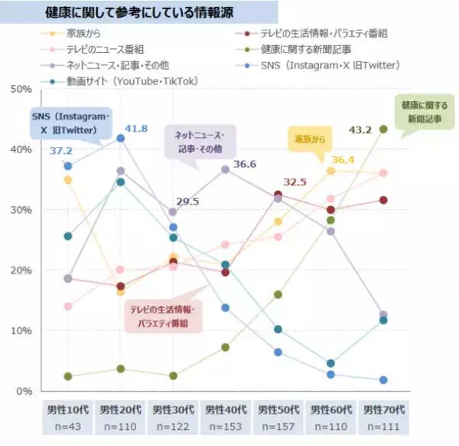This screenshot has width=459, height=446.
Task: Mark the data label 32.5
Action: click(x=295, y=182)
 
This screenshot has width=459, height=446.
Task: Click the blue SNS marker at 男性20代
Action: click(x=120, y=139)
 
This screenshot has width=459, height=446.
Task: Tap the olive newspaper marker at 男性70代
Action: click(x=383, y=130)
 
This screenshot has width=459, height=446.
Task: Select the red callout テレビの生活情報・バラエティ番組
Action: click(x=162, y=315)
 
